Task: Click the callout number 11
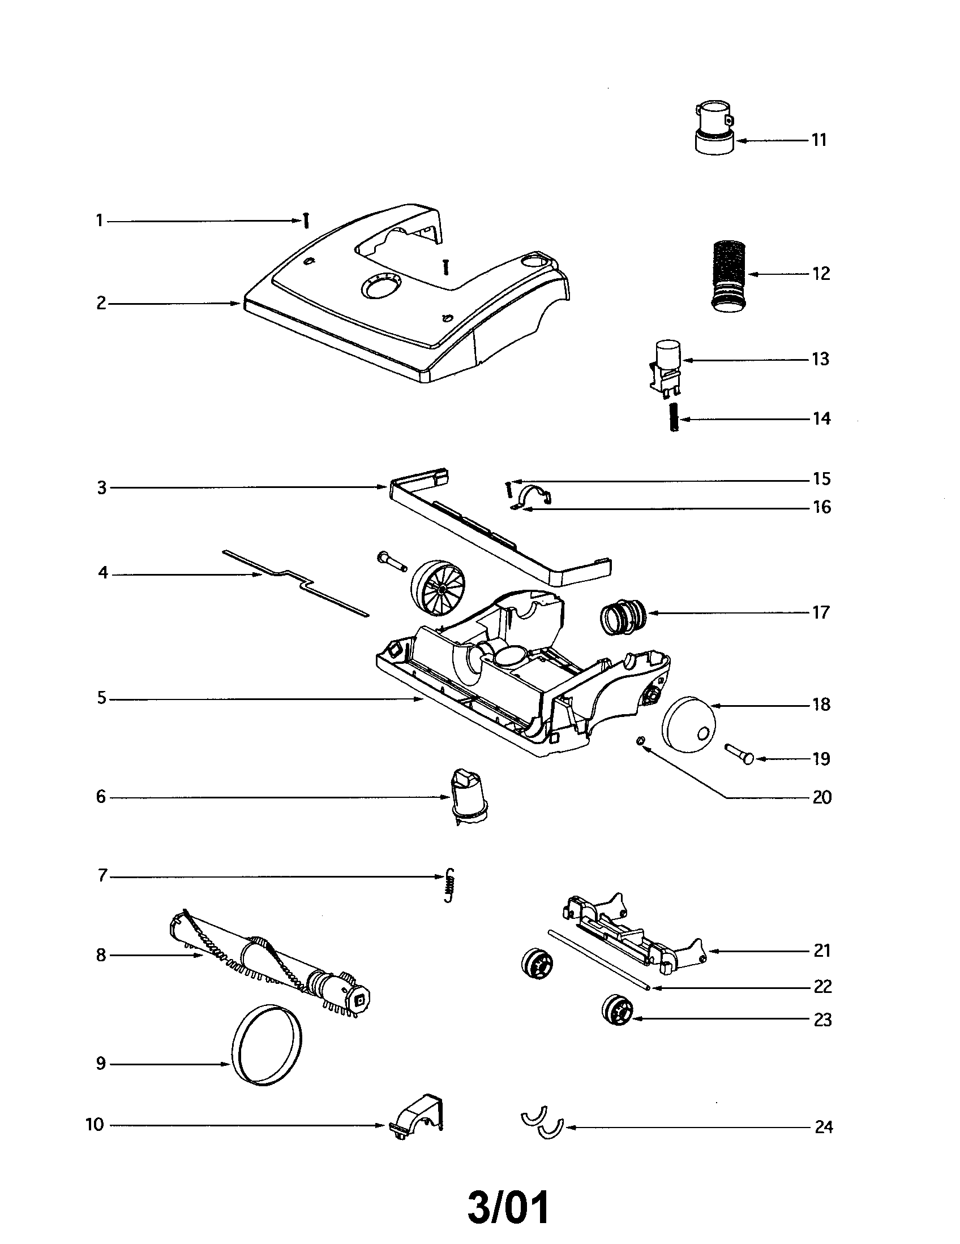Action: click(x=818, y=140)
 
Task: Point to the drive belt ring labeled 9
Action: click(x=266, y=1044)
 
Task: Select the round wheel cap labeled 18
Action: click(x=688, y=724)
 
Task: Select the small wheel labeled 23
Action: click(x=617, y=1010)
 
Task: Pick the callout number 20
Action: click(x=821, y=797)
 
